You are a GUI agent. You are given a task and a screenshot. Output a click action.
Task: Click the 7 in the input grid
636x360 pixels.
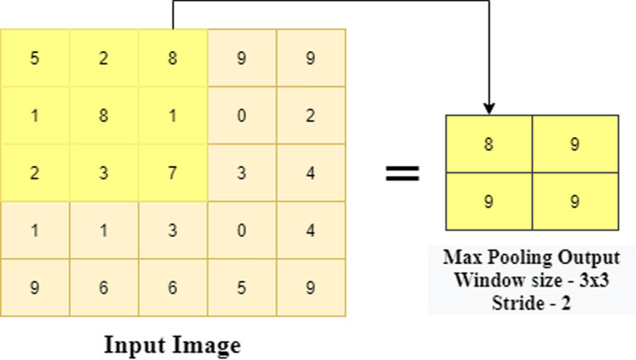(x=172, y=172)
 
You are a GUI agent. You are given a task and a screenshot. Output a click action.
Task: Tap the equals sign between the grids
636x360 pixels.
(x=402, y=173)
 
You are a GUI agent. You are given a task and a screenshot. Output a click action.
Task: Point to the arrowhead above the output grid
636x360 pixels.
(x=489, y=109)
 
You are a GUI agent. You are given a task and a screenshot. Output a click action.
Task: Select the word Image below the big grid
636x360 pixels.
(x=208, y=345)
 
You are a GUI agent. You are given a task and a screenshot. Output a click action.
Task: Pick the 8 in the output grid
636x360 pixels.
(x=489, y=144)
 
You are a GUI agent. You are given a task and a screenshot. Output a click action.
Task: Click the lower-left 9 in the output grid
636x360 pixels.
(x=489, y=201)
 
